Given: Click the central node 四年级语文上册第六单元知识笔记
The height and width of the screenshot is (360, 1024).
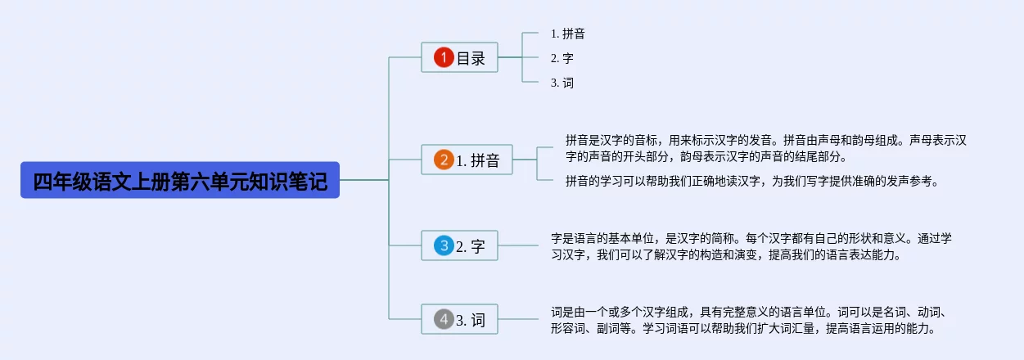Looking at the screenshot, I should click(180, 181).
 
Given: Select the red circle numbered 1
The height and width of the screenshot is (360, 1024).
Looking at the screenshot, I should click(444, 57).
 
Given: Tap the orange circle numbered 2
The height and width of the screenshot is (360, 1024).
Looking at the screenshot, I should click(444, 160).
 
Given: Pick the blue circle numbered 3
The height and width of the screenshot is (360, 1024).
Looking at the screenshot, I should click(444, 245).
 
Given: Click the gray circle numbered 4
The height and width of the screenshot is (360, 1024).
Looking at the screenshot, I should click(444, 319).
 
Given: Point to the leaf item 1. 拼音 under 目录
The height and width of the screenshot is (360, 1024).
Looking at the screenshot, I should click(567, 34).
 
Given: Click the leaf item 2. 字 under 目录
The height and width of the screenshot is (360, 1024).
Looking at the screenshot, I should click(562, 58).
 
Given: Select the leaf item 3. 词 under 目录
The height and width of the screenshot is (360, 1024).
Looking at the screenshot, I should click(562, 83).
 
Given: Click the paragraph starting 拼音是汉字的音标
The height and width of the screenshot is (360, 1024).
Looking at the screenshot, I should click(766, 148).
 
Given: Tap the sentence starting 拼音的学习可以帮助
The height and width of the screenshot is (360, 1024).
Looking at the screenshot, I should click(751, 181).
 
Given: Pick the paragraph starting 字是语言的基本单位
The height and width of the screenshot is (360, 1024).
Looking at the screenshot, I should click(751, 246).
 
